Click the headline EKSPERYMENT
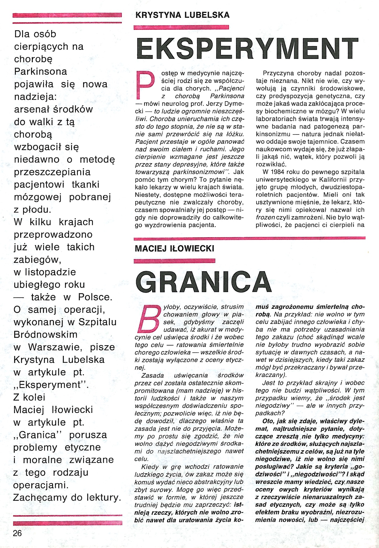pyautogui.click(x=247, y=49)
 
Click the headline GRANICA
pyautogui.click(x=203, y=282)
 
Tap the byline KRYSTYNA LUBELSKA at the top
pyautogui.click(x=183, y=15)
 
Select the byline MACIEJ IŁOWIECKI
pyautogui.click(x=174, y=249)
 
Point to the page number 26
pyautogui.click(x=17, y=533)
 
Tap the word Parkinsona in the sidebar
pyautogui.click(x=41, y=71)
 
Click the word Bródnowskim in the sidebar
pyautogui.click(x=45, y=334)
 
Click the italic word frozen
pyautogui.click(x=265, y=217)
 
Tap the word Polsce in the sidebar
pyautogui.click(x=95, y=297)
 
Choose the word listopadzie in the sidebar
pyautogui.click(x=50, y=272)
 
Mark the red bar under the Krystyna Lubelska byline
pyautogui.click(x=181, y=27)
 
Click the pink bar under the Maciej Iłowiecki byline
pyautogui.click(x=174, y=261)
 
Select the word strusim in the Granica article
pyautogui.click(x=232, y=307)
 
